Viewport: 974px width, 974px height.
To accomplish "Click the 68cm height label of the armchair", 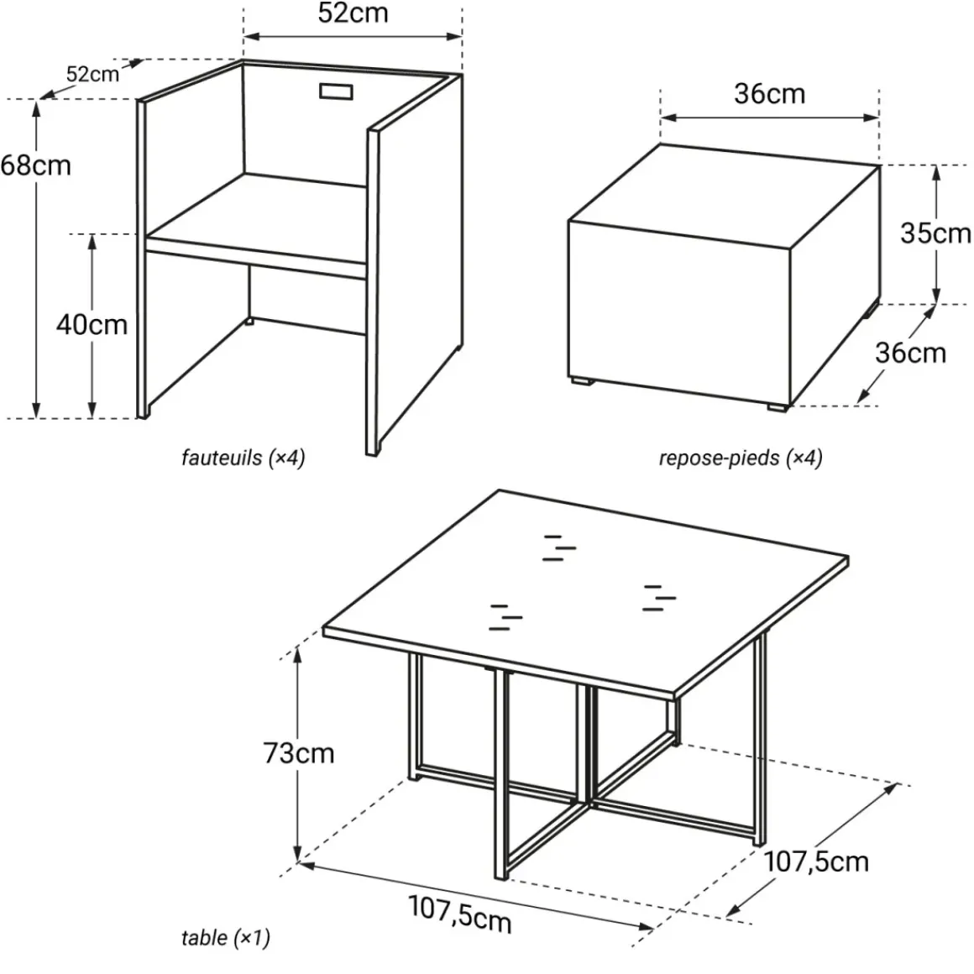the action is [x=36, y=166].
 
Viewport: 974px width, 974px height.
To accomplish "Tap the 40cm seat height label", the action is [x=92, y=325].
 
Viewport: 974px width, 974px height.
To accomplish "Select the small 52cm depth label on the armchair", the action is [x=92, y=75].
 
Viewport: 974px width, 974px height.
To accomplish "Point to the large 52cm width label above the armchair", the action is [x=353, y=13].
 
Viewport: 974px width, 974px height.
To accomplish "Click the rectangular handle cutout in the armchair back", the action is [x=336, y=92].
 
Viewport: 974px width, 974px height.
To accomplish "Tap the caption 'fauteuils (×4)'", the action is [x=243, y=458].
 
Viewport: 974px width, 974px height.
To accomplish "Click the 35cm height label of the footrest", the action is [x=935, y=233].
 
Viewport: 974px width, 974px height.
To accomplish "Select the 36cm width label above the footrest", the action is [x=770, y=94].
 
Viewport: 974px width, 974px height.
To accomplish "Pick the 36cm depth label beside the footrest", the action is [x=911, y=353].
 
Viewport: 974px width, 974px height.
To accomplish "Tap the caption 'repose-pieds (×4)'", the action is [x=741, y=458].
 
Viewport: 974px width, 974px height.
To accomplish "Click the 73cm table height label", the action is [x=299, y=753].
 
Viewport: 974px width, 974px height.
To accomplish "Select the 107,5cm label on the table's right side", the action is [x=815, y=861].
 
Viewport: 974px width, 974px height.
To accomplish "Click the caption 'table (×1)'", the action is [x=226, y=938].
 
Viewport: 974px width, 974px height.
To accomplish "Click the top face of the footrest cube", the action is [x=725, y=196].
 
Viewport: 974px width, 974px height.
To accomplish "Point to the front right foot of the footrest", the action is [x=777, y=407].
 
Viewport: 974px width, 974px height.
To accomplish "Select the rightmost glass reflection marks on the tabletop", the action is [x=659, y=598].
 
